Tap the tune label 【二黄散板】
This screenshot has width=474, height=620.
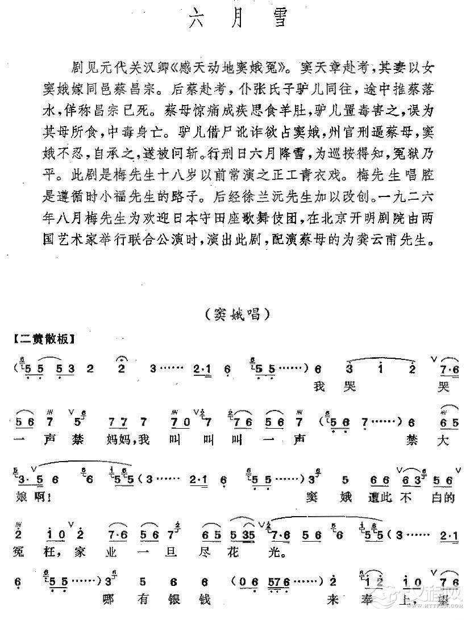coord(45,339)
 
